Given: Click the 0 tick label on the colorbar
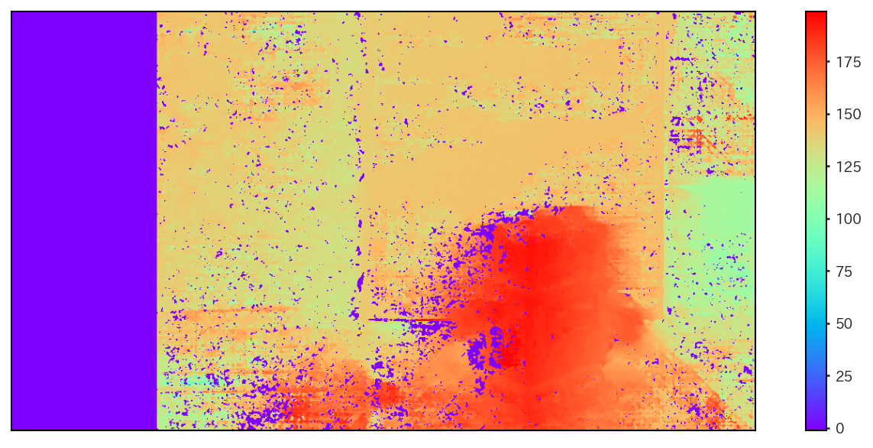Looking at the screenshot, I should click(840, 427).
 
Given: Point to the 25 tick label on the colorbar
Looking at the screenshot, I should click(844, 375).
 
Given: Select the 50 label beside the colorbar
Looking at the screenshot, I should click(844, 323).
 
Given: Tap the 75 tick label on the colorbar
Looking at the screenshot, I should click(844, 271).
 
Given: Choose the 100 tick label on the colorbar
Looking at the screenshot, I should click(847, 219).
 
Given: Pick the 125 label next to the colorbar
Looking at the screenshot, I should click(847, 167).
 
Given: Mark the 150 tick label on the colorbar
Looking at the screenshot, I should click(847, 115).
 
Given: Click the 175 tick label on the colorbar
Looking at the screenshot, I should click(847, 63).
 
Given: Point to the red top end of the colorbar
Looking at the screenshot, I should click(816, 17).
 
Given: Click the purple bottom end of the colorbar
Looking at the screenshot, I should click(816, 424).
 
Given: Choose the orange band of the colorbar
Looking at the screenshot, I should click(816, 107).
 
